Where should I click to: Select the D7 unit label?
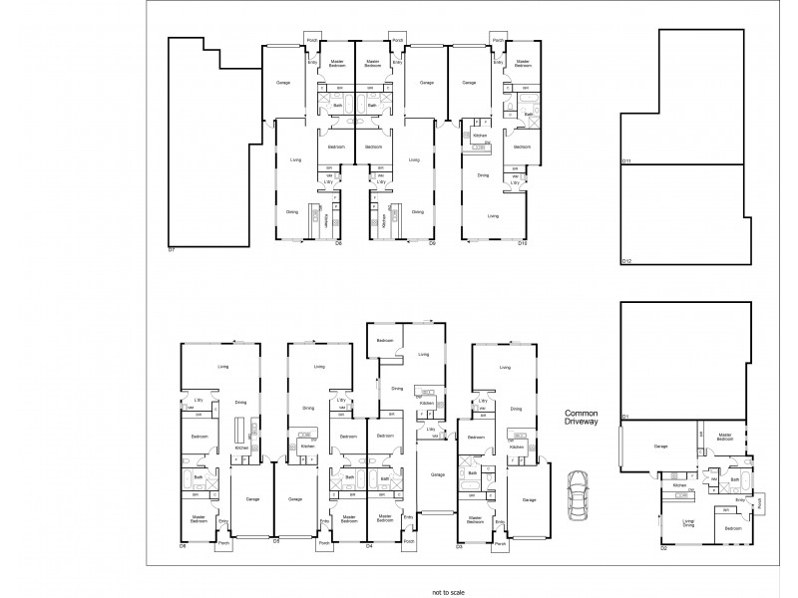(172, 248)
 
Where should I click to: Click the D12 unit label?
(627, 261)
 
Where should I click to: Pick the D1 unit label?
(625, 415)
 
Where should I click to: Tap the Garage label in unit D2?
(659, 447)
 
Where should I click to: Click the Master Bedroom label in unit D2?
(725, 437)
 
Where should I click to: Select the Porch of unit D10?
(497, 41)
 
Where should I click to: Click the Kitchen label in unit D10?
(479, 135)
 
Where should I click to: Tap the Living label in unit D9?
(414, 159)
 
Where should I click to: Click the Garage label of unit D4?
(437, 474)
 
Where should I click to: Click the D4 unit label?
(369, 546)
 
